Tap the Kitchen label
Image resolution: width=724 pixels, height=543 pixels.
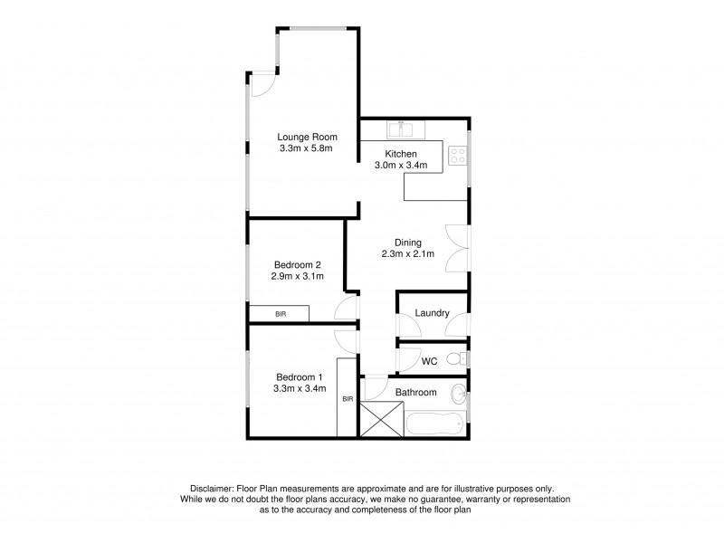coord(400,154)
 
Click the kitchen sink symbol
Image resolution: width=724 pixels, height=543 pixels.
coord(400,128)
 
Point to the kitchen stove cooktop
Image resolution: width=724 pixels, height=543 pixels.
coord(458,155)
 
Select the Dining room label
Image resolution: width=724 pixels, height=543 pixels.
coord(408,242)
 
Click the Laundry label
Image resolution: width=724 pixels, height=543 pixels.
coord(432,313)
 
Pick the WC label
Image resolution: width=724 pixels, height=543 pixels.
coord(430,361)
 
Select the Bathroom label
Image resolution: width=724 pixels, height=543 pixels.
coord(416,393)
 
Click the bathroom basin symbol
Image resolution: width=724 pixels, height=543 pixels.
coord(460,393)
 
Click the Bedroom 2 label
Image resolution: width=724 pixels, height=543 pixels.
coord(298,265)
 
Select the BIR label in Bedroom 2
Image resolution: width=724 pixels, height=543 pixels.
coord(280,314)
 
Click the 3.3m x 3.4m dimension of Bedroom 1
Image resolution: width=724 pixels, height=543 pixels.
coord(300,389)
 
